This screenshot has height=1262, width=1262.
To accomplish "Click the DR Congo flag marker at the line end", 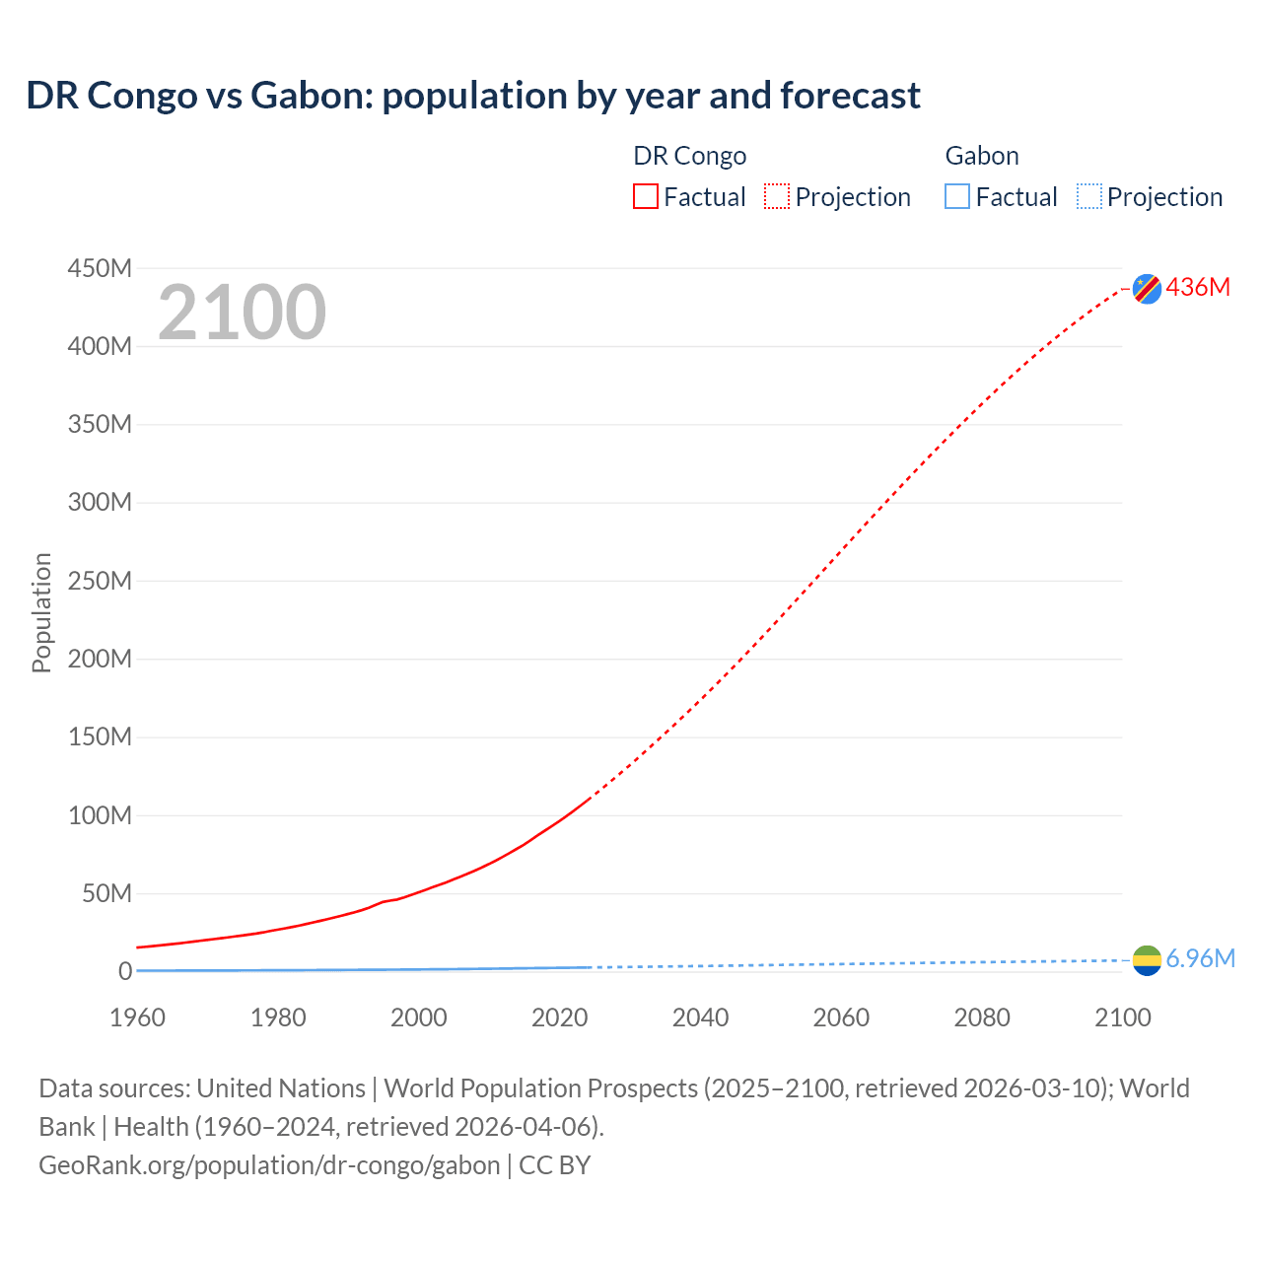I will [x=1147, y=288].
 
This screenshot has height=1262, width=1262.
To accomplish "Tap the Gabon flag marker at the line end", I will [x=1147, y=960].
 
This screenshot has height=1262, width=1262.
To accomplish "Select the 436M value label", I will [x=1198, y=287].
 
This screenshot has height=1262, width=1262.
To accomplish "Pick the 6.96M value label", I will [x=1200, y=958].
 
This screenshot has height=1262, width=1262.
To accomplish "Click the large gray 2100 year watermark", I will [x=242, y=313].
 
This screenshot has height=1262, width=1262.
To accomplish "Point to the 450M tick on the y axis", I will [x=100, y=268].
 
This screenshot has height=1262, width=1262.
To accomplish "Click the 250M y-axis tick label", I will [x=100, y=581].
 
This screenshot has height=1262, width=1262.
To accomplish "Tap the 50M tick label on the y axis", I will [x=106, y=893].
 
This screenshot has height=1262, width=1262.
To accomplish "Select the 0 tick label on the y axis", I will [x=125, y=971].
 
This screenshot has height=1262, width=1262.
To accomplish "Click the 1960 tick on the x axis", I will [x=137, y=1017].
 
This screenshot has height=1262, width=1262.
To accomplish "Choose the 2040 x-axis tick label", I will [x=700, y=1017].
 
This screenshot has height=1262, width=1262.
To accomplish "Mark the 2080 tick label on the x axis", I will [x=982, y=1017].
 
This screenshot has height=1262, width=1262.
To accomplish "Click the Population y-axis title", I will [x=41, y=612].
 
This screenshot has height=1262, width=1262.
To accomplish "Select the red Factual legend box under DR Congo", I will [x=646, y=196].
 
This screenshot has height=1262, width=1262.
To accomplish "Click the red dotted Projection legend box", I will [x=777, y=196].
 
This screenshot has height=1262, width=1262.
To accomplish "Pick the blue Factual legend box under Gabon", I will [x=957, y=196].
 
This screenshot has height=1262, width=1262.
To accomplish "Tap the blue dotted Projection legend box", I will [x=1089, y=196].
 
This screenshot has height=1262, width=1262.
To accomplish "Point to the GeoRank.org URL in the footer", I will [x=269, y=1164].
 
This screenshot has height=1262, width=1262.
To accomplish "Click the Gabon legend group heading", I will [x=982, y=156].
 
